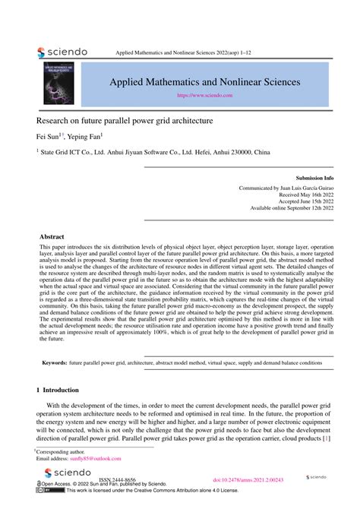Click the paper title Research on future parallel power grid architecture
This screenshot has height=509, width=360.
tap(125, 120)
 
